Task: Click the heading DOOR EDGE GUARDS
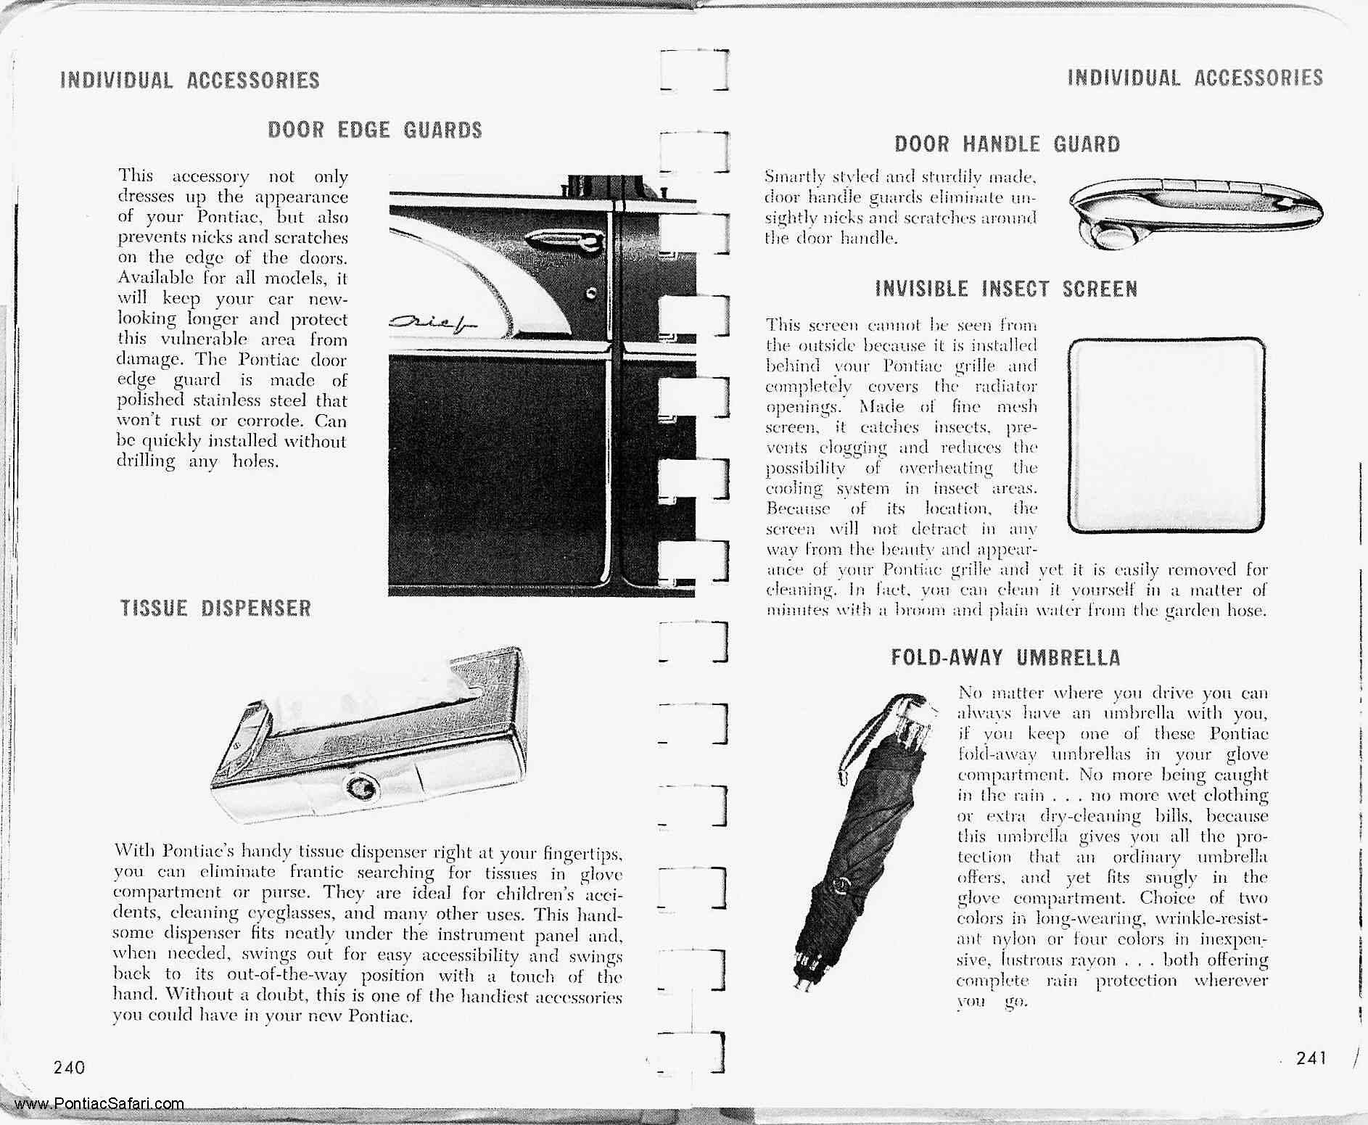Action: tap(375, 130)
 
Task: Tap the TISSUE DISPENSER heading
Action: tap(215, 608)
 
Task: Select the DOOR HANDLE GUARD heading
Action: tap(1007, 144)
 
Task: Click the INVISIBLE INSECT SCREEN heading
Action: tap(1006, 289)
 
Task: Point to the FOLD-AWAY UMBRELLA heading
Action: tap(1005, 658)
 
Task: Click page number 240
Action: tap(69, 1067)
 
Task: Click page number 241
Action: tap(1311, 1058)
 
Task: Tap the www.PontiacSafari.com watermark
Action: tap(99, 1104)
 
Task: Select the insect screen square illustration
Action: tap(1166, 435)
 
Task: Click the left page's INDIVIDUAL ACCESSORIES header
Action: tap(190, 80)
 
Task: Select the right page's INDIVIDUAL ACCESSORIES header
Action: tap(1195, 77)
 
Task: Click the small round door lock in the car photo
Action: tap(592, 293)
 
